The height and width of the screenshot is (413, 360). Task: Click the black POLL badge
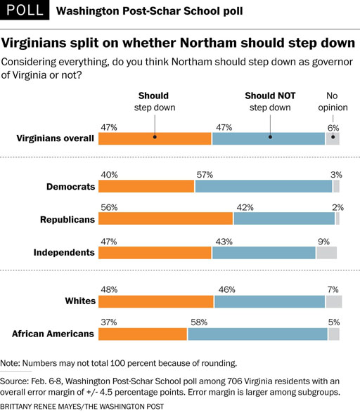coord(25,10)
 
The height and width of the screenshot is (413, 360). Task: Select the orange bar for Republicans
coord(166,218)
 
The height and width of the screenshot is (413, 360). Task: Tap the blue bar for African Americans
coord(257,334)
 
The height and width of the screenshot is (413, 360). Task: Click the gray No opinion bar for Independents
coord(326,253)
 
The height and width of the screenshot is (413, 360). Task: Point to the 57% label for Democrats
coord(205,175)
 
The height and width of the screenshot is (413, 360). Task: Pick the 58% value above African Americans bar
coord(199,322)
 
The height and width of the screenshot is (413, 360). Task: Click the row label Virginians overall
coord(55,138)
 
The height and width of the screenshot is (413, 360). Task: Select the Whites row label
coord(80,301)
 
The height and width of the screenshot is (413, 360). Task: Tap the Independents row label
coord(64,252)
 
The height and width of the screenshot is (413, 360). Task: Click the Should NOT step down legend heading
coord(270,101)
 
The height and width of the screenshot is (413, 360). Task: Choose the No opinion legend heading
coord(333,101)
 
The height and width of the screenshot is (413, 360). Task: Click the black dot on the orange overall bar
coord(155,137)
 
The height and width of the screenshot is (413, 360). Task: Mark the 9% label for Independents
coord(324,242)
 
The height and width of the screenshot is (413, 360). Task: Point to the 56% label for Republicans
coord(109,208)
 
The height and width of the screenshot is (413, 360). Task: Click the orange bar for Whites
coord(156,301)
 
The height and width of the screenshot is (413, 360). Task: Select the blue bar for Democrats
coord(264,186)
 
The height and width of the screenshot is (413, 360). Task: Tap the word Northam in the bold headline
coord(208,43)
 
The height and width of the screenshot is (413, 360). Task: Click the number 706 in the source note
coord(235,381)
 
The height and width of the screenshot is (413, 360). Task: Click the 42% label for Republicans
coord(245,208)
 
